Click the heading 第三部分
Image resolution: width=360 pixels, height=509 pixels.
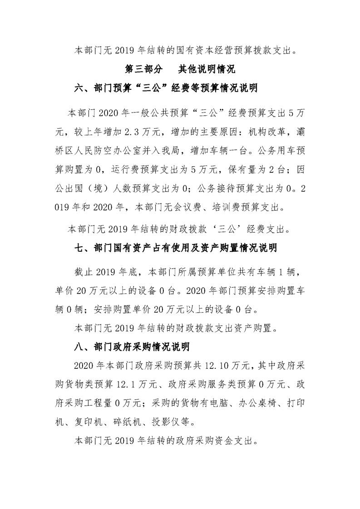tap(143, 69)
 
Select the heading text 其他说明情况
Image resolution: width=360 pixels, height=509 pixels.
tap(206, 69)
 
